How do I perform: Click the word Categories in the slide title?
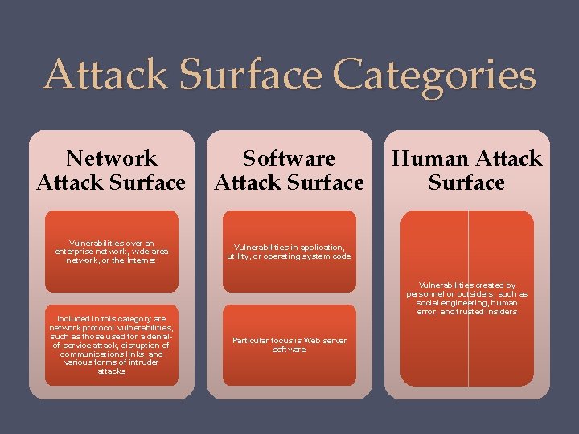pos(434,75)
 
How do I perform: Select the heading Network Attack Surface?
pos(111,170)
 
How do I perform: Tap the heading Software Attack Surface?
pos(289,170)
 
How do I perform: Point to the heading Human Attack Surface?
pos(466,170)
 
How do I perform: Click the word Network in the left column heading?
pos(111,158)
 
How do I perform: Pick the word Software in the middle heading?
pos(289,158)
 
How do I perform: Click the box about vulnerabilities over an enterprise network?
pos(111,251)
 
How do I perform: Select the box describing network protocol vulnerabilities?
pos(111,345)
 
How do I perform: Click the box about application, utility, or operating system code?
pos(289,251)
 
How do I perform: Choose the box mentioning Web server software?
pos(289,345)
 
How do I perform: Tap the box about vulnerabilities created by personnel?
pos(466,298)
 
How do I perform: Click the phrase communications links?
pos(111,354)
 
